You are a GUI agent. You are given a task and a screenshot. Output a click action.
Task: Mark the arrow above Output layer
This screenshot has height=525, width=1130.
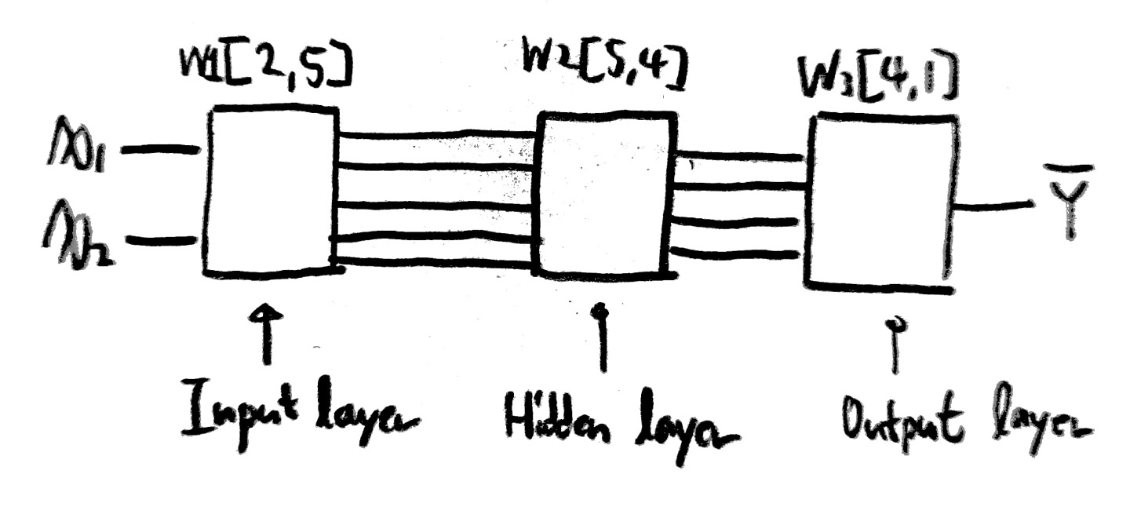[x=892, y=345]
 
